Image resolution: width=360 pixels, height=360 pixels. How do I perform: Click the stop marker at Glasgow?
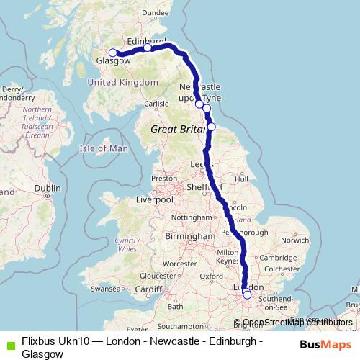click(112, 53)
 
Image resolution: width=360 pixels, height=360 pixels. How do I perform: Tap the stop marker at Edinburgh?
click(147, 48)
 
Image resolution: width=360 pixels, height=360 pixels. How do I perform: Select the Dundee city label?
click(156, 12)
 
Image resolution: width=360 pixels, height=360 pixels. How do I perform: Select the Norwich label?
click(296, 240)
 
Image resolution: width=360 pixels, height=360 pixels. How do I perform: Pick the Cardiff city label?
click(149, 289)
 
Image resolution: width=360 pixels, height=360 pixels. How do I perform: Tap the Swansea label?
click(107, 288)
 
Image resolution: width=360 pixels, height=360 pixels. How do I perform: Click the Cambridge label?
click(274, 258)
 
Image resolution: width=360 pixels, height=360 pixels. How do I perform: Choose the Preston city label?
click(163, 179)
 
